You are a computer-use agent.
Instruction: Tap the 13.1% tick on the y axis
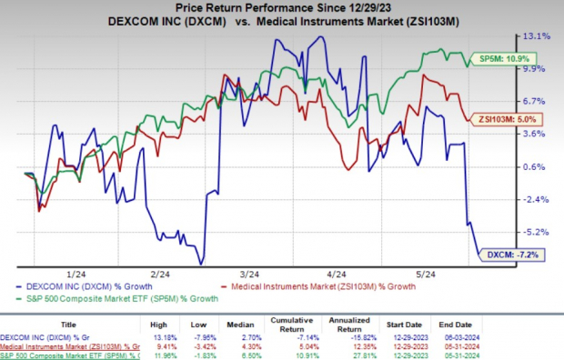click(534, 37)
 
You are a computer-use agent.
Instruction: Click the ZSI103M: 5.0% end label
click(504, 118)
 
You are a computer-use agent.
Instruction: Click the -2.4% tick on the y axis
click(535, 199)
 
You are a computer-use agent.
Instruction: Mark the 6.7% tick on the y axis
click(535, 102)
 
